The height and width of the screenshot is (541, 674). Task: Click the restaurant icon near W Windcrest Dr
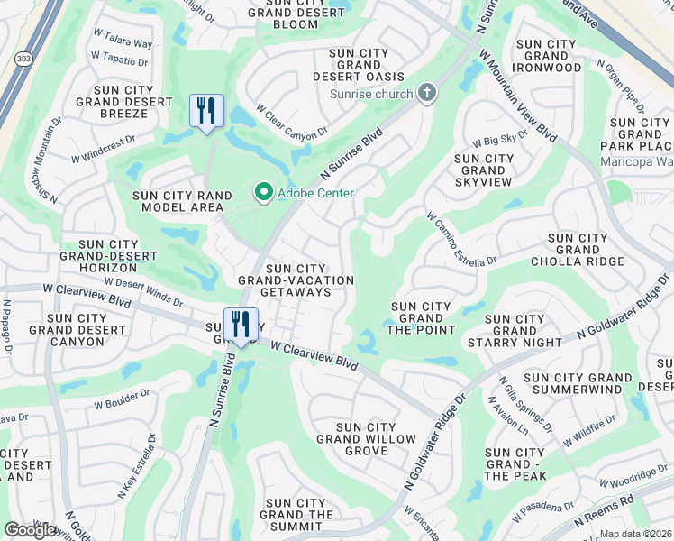(x=207, y=112)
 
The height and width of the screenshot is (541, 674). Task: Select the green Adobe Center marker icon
(x=263, y=193)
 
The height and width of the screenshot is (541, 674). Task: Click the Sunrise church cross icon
(x=426, y=93)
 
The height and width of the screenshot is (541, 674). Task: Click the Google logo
(x=31, y=530)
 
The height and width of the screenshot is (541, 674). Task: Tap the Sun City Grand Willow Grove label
(x=366, y=439)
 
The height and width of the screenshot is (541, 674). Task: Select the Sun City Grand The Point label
(x=420, y=318)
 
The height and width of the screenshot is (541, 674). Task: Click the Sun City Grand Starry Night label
(x=515, y=331)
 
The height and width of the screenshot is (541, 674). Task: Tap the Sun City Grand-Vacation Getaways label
(x=295, y=280)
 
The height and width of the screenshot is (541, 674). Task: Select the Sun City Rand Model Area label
(x=178, y=201)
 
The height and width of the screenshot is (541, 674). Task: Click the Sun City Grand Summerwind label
(x=577, y=383)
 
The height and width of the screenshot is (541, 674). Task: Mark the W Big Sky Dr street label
(x=500, y=138)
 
